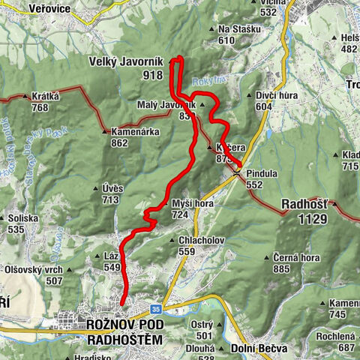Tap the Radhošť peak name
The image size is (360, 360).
(304, 203)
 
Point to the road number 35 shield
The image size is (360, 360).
(154, 307)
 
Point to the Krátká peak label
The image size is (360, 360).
(44, 96)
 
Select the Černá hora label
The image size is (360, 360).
(297, 257)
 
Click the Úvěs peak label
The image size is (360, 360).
(110, 188)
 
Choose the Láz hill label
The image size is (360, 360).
(112, 256)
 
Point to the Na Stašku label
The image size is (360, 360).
(240, 29)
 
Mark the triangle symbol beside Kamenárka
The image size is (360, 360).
(103, 132)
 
